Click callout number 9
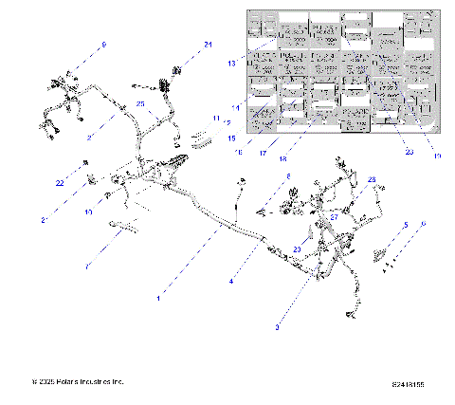click(104, 46)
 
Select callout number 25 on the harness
click(140, 103)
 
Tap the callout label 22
click(60, 183)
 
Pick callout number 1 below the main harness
click(158, 297)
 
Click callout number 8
click(289, 177)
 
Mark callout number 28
click(373, 180)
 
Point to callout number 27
click(334, 216)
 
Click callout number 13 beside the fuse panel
click(230, 64)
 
